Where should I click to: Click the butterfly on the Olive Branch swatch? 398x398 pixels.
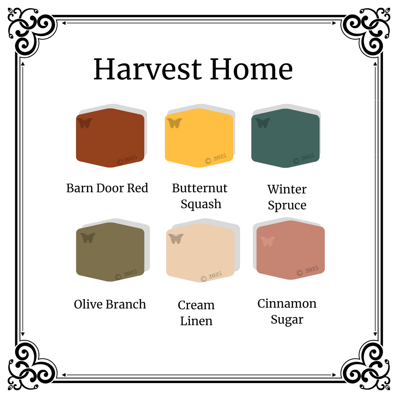(88, 238)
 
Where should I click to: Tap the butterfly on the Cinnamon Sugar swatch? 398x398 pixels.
(267, 242)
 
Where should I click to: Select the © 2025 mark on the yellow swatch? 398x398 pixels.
(216, 159)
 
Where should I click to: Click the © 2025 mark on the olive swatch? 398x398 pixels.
(126, 274)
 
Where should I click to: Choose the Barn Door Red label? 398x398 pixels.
(107, 188)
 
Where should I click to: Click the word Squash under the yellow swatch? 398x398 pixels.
(201, 204)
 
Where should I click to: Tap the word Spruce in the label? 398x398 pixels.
(287, 205)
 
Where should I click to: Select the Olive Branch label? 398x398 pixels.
(110, 304)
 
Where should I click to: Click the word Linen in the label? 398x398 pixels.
(196, 321)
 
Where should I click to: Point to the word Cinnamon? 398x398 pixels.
(287, 304)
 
